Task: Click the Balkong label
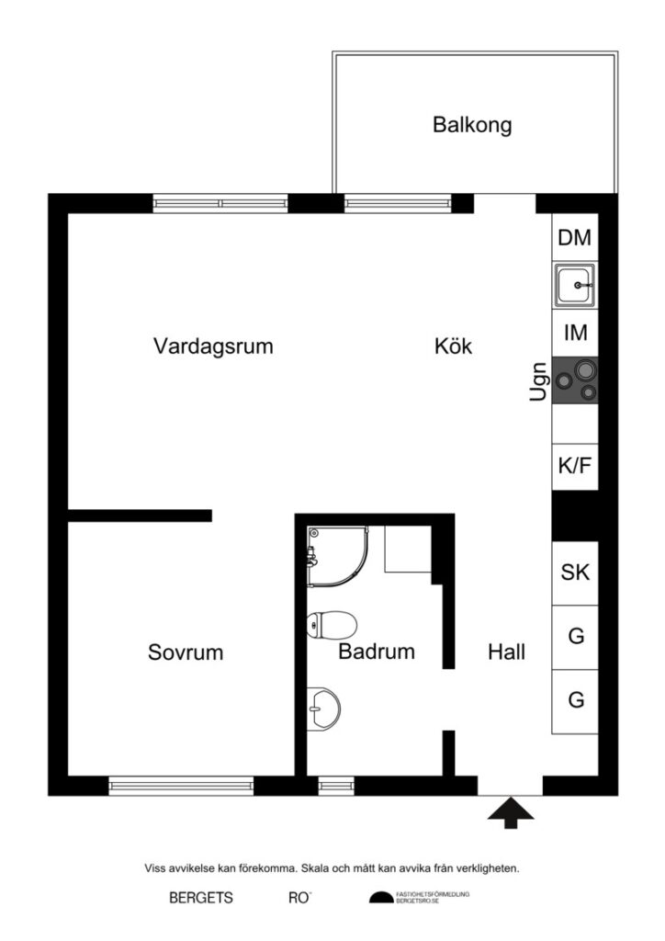pos(472,125)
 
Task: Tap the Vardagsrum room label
pos(214,346)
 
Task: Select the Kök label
pos(453,346)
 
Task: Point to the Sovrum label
pos(186,652)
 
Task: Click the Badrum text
pos(377,652)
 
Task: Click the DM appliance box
pos(575,238)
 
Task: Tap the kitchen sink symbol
pos(575,286)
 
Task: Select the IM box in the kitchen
pos(575,332)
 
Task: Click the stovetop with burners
pos(575,380)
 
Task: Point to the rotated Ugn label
pos(539,380)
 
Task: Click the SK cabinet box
pos(575,573)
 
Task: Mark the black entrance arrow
pos(511,813)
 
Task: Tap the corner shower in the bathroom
pos(336,555)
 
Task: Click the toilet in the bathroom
pos(332,626)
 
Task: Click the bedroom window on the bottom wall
pos(181,786)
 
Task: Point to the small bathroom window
pos(336,786)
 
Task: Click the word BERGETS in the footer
pos(201,898)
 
